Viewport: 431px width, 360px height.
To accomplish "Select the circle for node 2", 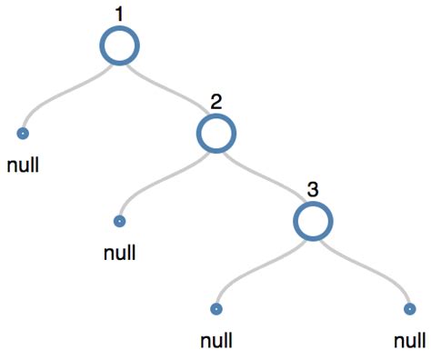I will click(x=215, y=134).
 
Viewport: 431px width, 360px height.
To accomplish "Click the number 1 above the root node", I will click(x=118, y=14).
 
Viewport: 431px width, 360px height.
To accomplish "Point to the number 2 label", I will click(x=215, y=102).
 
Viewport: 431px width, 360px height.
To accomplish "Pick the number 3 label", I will click(x=313, y=189).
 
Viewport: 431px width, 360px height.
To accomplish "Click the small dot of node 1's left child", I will click(x=22, y=134).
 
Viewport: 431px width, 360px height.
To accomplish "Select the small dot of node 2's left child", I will click(x=119, y=221).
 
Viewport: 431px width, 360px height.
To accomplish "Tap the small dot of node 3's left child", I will click(x=216, y=308).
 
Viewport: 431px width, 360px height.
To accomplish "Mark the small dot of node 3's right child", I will click(x=410, y=308).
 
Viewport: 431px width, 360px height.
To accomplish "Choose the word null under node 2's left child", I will click(x=119, y=252).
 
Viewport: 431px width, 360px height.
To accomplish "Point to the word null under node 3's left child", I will click(x=216, y=341).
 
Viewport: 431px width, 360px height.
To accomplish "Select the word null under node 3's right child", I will click(x=410, y=341).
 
